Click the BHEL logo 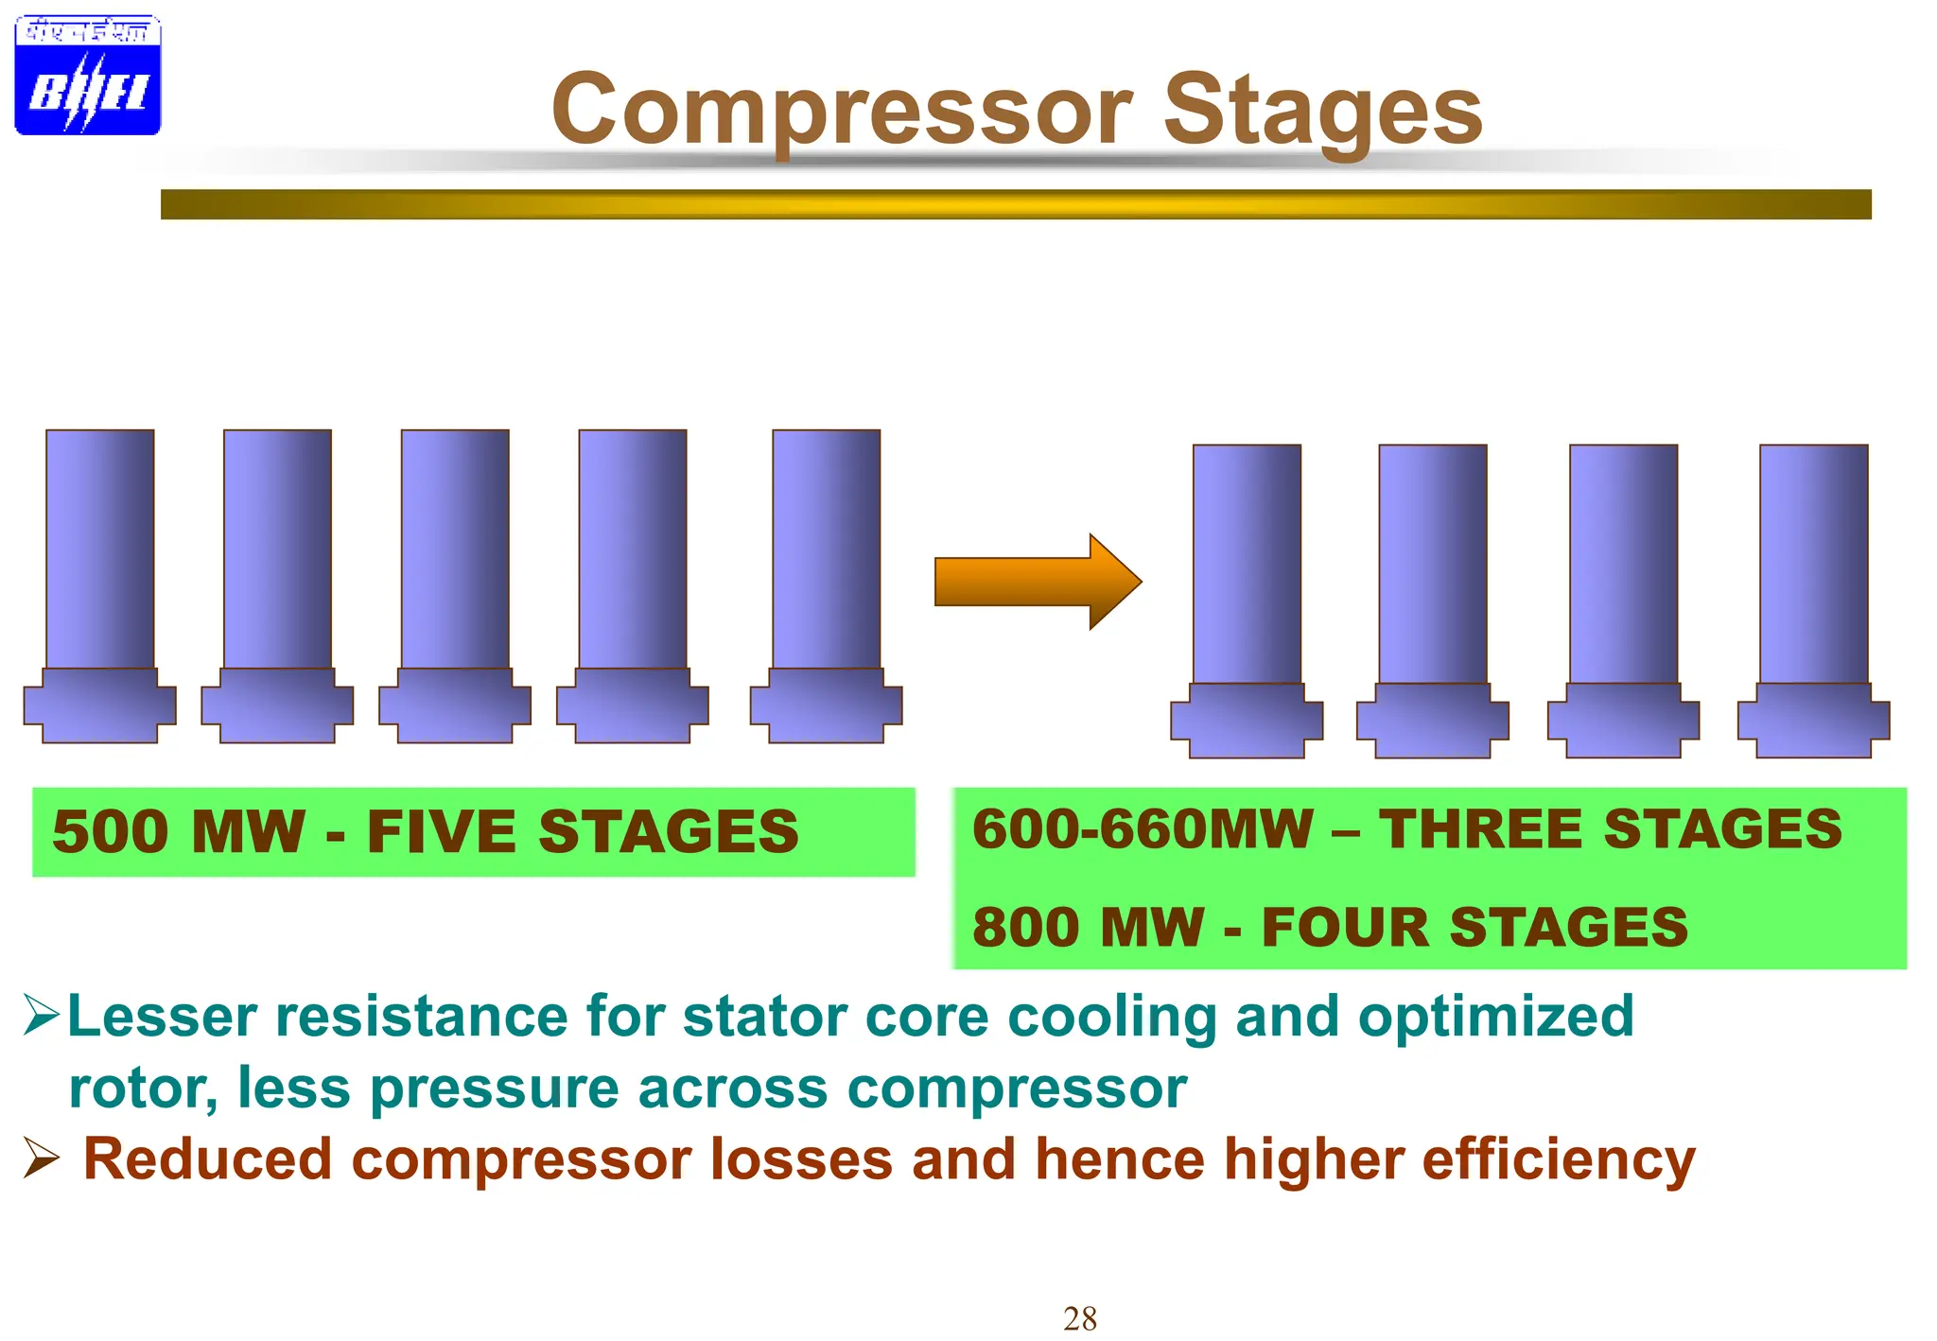point(87,76)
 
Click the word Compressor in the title point(842,112)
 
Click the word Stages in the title point(1322,112)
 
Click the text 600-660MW point(1143,829)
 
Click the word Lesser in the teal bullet point(163,1017)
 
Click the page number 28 point(1080,1318)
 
